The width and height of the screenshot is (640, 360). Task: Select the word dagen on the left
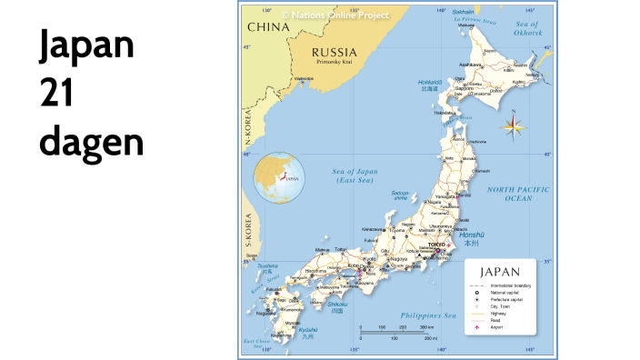(91, 144)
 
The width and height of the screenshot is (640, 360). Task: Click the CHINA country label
(268, 27)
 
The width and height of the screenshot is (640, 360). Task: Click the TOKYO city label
(437, 245)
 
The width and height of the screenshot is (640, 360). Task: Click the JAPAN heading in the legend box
(500, 272)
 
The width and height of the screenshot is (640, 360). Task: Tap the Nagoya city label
(398, 259)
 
